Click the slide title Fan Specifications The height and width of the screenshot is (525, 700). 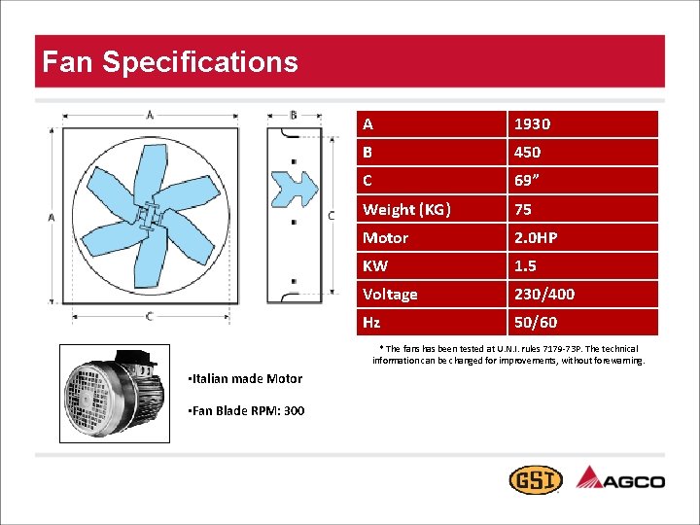tap(170, 62)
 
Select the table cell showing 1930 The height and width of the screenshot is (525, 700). tap(532, 123)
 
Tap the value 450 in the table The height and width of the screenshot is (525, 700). tap(528, 152)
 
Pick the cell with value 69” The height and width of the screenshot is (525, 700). tap(528, 180)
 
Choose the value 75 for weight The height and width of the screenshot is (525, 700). tap(523, 209)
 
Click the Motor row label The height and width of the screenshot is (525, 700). tap(385, 237)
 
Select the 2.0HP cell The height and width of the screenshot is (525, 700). tap(536, 237)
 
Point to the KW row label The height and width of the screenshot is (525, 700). tap(374, 265)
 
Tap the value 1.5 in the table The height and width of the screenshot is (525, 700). tap(525, 265)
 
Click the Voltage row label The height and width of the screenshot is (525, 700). tap(390, 294)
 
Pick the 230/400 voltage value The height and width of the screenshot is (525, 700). tap(543, 294)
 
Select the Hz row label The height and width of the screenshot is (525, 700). tap(371, 322)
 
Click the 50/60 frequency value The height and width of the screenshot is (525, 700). tap(536, 322)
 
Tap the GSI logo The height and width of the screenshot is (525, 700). tap(534, 480)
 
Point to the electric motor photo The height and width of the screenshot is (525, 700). tap(114, 394)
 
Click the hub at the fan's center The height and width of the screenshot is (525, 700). tap(147, 216)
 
